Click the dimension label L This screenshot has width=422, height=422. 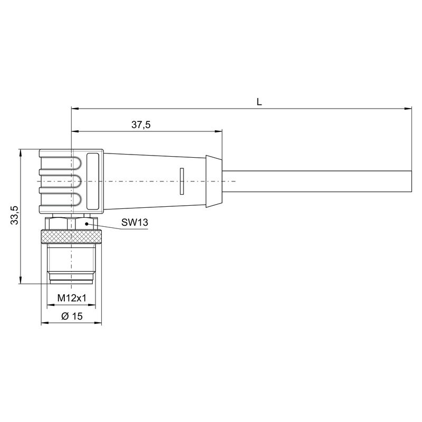[259, 101]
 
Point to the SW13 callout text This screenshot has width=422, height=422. [135, 223]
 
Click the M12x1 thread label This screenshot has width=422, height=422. [71, 299]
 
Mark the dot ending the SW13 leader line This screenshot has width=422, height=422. [82, 223]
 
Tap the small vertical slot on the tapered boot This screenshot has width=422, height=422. [181, 181]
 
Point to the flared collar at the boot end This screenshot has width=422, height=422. [214, 181]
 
